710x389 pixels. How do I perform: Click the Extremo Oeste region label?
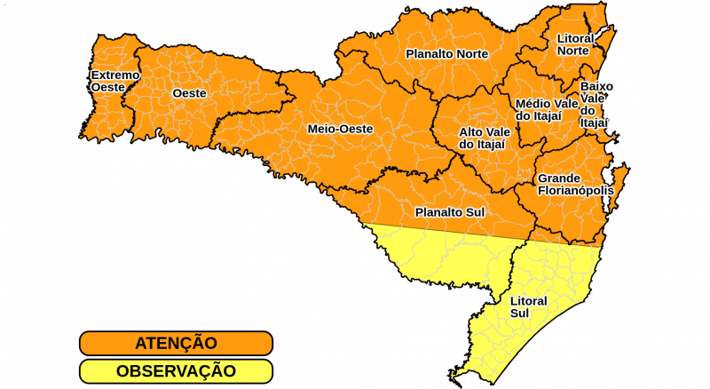pos(114,81)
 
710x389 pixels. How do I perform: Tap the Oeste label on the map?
pos(189,93)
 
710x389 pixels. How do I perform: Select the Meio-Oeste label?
pos(340,129)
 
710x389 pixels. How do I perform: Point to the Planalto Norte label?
pos(446,54)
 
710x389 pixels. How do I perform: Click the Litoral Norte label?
pos(575,45)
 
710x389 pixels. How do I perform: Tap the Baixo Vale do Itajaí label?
pos(596,104)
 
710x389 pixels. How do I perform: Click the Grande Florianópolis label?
pos(575,184)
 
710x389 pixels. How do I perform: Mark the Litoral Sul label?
pos(528,307)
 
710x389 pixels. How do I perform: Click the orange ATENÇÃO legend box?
pos(176,343)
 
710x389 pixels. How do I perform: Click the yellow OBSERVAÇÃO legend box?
pos(176,371)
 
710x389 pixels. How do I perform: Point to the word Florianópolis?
pos(575,190)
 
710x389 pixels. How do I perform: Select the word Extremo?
pos(114,75)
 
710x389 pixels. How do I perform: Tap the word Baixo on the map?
pos(596,86)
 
